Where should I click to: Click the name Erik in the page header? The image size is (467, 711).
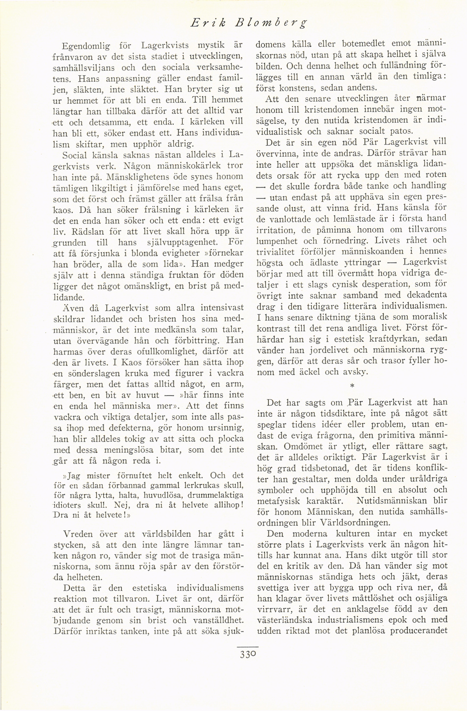click(208, 23)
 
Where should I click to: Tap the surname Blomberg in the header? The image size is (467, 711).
click(271, 23)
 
